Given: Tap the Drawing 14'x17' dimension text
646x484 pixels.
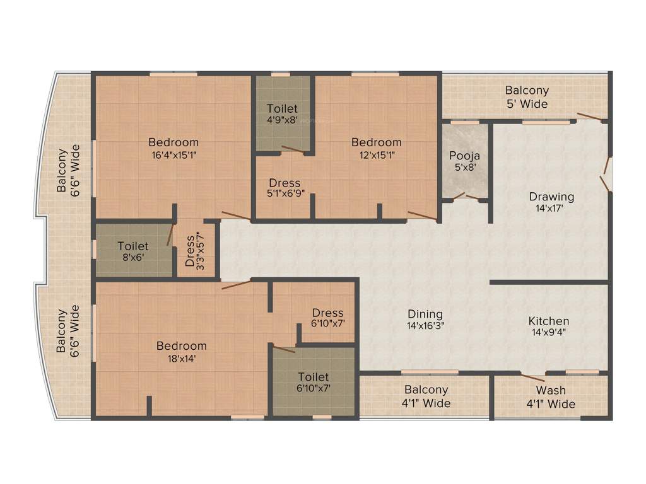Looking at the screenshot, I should click(551, 209).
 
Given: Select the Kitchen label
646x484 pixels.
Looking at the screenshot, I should click(548, 321).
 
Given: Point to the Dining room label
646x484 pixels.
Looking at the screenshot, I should click(425, 314).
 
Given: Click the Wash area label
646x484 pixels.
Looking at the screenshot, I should click(551, 391).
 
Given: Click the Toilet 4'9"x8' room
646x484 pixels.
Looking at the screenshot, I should click(282, 113).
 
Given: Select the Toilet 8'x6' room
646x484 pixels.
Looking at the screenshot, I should click(133, 250).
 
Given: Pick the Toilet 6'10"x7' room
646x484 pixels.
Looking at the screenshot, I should click(314, 382).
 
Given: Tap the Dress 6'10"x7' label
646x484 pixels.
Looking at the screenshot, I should click(328, 318).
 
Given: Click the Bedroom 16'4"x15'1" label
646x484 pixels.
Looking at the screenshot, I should click(173, 147).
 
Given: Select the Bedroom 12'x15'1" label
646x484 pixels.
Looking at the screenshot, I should click(377, 147).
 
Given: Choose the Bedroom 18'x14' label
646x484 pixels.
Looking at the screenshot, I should click(182, 352).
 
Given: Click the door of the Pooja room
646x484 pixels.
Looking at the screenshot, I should click(466, 196).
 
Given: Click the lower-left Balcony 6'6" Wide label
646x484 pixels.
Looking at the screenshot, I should click(68, 330).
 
